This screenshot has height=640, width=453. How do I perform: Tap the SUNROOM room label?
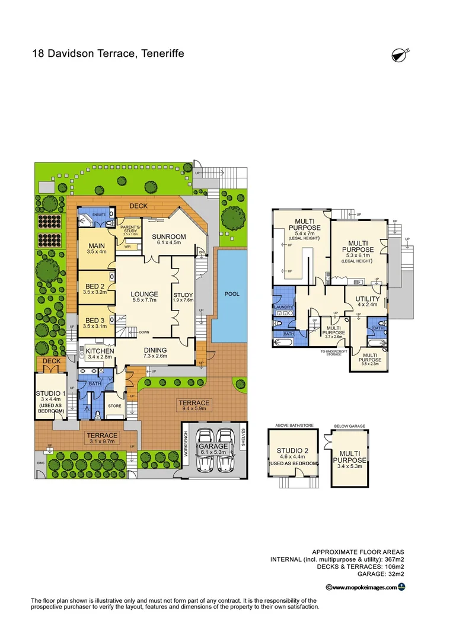pos(171,236)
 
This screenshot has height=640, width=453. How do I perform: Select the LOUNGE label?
pos(145,294)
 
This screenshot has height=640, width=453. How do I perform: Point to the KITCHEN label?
pos(100,351)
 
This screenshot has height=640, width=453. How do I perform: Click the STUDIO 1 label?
pos(50,393)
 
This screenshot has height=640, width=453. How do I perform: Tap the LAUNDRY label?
pos(283,306)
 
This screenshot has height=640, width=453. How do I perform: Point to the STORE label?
pos(114,406)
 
